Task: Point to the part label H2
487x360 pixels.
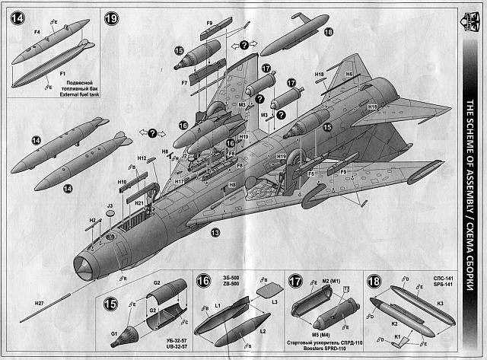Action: click(x=93, y=220)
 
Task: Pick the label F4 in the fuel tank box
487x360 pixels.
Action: click(x=37, y=32)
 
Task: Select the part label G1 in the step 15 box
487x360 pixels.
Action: click(x=116, y=333)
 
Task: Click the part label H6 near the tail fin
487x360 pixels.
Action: click(x=349, y=73)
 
